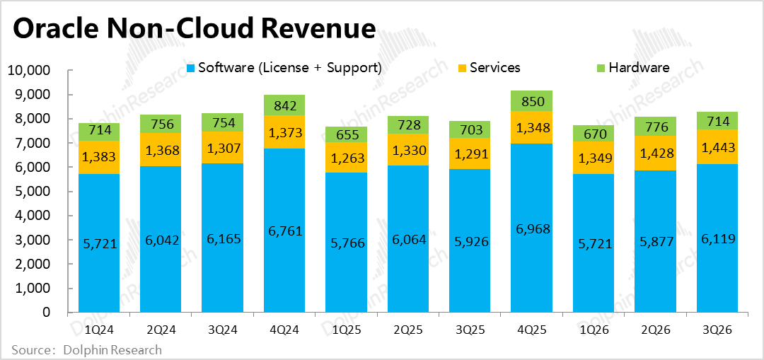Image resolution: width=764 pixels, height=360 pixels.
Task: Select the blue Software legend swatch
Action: click(x=190, y=68)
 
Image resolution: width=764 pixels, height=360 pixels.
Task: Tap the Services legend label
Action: click(x=495, y=68)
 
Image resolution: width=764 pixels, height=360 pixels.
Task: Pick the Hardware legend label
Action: click(x=639, y=68)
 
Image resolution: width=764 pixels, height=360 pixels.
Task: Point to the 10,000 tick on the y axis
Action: click(x=29, y=71)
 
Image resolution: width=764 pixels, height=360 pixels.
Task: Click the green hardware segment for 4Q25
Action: click(x=532, y=101)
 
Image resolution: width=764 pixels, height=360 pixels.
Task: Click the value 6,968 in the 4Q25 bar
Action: click(x=532, y=229)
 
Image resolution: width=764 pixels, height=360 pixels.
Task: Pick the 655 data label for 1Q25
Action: click(x=346, y=134)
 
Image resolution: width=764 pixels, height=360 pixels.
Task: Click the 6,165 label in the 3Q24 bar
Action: click(x=222, y=239)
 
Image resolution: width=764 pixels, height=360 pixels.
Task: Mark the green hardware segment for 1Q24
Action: click(x=98, y=132)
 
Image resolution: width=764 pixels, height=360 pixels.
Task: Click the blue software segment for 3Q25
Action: click(x=470, y=269)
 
